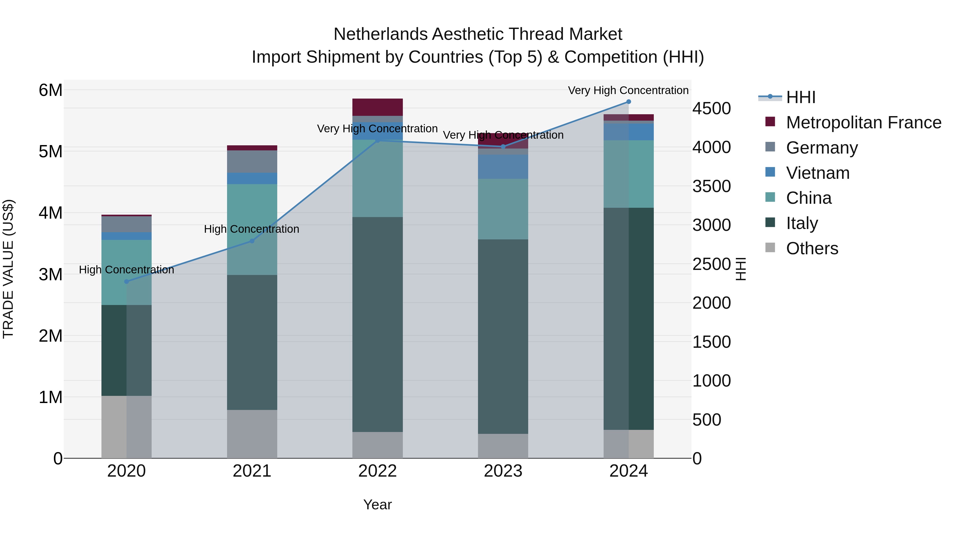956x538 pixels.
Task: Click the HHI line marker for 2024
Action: click(x=628, y=101)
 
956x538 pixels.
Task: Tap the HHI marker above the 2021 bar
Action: click(x=252, y=241)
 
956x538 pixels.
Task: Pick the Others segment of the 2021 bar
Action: click(x=252, y=434)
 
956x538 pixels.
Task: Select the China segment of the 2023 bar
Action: click(x=503, y=209)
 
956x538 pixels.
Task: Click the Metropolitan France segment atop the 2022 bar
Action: click(x=377, y=107)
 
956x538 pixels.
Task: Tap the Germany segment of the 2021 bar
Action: click(x=252, y=162)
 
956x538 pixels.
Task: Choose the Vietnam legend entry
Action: click(x=818, y=173)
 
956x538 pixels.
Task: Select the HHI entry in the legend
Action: click(x=800, y=97)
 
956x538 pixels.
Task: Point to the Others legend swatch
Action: click(x=770, y=248)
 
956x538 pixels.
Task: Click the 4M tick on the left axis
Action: click(x=50, y=213)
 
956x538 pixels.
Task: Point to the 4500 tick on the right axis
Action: click(x=711, y=108)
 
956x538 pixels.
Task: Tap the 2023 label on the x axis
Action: click(x=503, y=471)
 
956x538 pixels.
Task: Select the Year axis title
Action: click(x=377, y=505)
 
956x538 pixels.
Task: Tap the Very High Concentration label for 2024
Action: click(x=628, y=90)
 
